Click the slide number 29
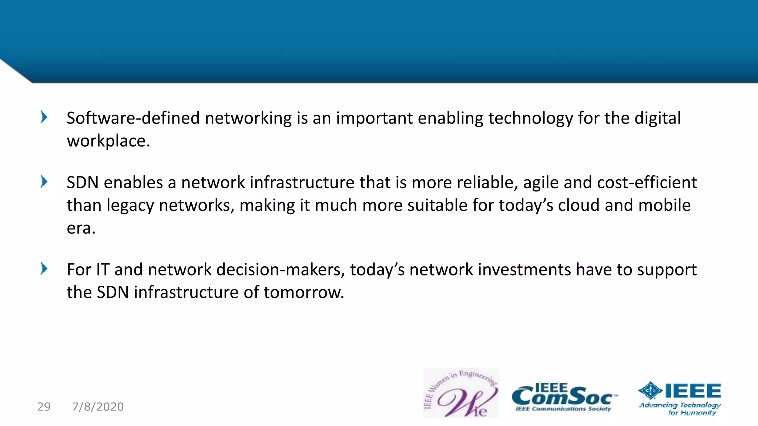44,406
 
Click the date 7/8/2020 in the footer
98,406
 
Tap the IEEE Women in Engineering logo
461,393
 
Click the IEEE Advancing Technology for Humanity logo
680,398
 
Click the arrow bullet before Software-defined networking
44,117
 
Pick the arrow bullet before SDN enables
44,182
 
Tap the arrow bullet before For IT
44,268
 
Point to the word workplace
108,141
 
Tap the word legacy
130,206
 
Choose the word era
80,228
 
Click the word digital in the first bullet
657,118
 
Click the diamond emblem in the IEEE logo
650,390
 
